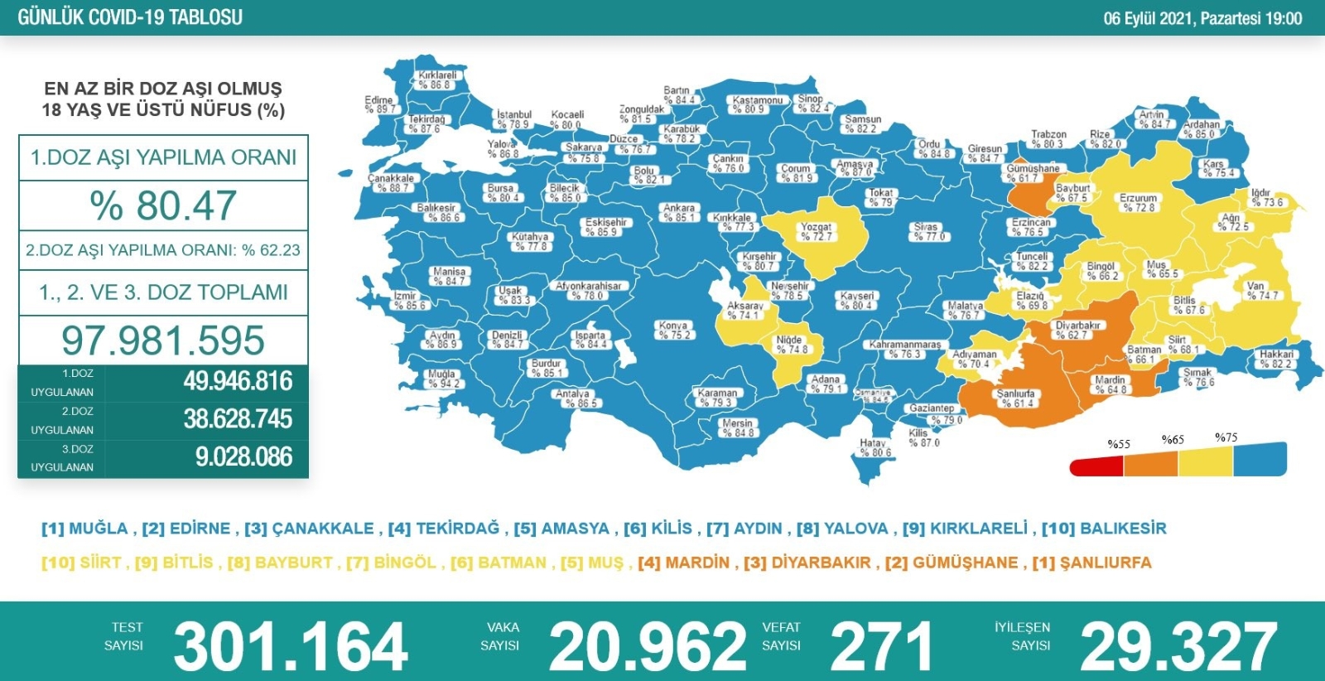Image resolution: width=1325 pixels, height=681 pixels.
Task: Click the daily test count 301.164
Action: pos(290,647)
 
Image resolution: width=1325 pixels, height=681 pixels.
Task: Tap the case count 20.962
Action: pos(648,647)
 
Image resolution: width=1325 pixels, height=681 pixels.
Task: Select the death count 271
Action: pos(881,647)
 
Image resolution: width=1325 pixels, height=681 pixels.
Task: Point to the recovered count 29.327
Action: pos(1178,647)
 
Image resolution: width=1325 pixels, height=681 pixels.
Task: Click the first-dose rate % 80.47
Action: pos(163,205)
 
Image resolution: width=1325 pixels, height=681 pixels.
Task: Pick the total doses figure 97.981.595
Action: pos(163,340)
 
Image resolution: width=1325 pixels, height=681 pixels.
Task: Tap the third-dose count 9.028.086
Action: pos(243,457)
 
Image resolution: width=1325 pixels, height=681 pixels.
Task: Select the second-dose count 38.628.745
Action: pos(238,419)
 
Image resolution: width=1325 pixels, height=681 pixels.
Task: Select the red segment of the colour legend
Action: pos(1096,466)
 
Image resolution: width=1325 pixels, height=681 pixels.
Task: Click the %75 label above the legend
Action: pos(1226,437)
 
